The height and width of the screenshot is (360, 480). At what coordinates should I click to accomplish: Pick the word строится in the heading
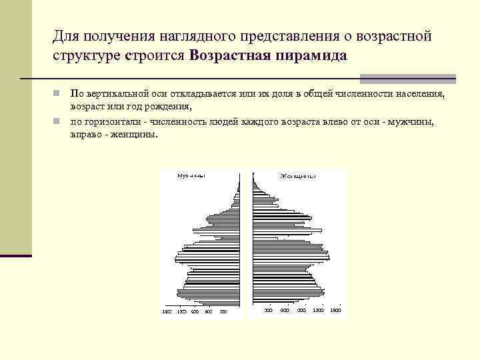(x=155, y=55)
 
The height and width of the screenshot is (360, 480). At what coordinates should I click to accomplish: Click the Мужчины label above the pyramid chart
(x=191, y=176)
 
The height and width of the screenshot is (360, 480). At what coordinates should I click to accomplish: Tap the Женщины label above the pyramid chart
(x=297, y=176)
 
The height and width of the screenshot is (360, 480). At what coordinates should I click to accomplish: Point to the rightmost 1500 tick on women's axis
(x=335, y=311)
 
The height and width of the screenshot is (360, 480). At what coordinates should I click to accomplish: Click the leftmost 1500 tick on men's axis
(x=167, y=311)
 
